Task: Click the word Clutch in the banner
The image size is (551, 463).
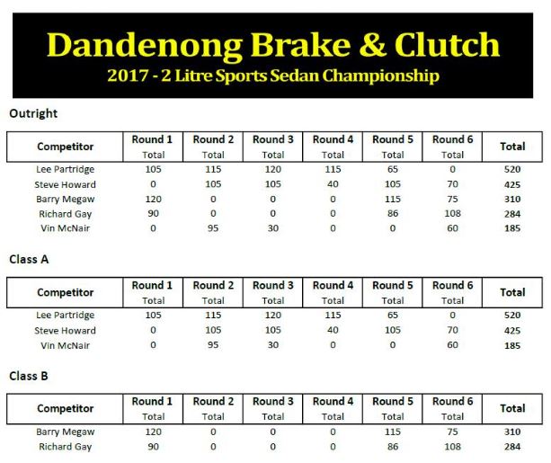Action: (x=447, y=45)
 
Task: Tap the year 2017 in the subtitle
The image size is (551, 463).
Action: (x=128, y=76)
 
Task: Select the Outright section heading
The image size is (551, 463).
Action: (x=33, y=113)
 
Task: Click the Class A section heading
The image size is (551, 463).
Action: (x=29, y=260)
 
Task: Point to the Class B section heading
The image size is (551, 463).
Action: (x=29, y=376)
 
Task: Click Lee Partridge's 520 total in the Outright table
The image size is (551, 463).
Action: (x=512, y=169)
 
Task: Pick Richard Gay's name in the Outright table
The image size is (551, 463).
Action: (x=66, y=214)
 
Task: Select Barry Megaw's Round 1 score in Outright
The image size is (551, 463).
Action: (x=153, y=200)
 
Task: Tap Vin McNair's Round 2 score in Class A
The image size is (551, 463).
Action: (x=213, y=345)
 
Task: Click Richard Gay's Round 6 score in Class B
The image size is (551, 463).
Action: (x=453, y=447)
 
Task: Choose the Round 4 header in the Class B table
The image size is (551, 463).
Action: (x=333, y=402)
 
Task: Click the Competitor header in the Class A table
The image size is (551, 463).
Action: (x=66, y=292)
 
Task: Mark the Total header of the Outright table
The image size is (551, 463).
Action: (x=512, y=147)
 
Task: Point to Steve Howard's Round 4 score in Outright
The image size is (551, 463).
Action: (x=333, y=184)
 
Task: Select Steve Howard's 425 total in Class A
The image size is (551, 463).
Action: (x=512, y=331)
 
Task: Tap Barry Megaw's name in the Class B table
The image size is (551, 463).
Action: (x=66, y=432)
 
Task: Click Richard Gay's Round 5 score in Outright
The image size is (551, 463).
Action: (x=393, y=214)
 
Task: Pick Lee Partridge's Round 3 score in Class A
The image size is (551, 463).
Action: (x=273, y=316)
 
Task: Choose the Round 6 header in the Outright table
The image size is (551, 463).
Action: (x=453, y=139)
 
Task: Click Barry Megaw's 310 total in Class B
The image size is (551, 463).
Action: (x=512, y=432)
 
